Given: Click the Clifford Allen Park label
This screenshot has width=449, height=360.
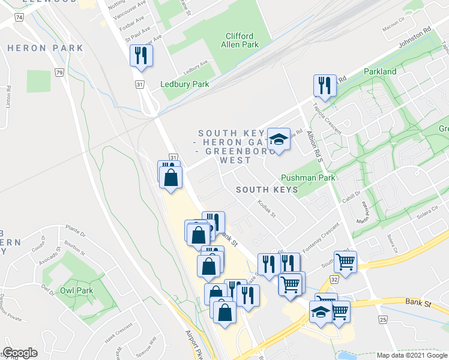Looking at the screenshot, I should pos(240,40).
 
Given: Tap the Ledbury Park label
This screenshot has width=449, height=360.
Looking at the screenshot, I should pos(185,84).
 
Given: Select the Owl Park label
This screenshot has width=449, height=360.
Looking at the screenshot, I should pos(76,290).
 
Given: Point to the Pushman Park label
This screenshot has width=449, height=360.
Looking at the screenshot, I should pos(307,178).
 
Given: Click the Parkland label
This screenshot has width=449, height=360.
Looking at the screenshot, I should pos(380,71).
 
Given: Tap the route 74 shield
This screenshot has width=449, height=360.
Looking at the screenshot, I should pos(20,18).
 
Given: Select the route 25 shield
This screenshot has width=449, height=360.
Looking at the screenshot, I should pos(382,320).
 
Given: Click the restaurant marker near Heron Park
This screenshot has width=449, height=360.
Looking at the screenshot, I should pos(142,56).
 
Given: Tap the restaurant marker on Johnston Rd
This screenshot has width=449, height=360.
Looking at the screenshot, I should pos(325,85).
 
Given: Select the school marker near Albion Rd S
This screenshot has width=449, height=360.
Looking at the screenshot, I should pos(279,140).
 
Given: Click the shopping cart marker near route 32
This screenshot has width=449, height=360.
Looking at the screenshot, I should pos(345,261).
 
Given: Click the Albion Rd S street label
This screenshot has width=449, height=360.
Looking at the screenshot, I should pos(314,146).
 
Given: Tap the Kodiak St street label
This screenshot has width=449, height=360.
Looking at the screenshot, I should pos(265,209).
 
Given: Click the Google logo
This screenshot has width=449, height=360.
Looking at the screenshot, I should pos(20,353).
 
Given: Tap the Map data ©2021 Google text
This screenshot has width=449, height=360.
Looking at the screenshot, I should pos(412,355).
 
